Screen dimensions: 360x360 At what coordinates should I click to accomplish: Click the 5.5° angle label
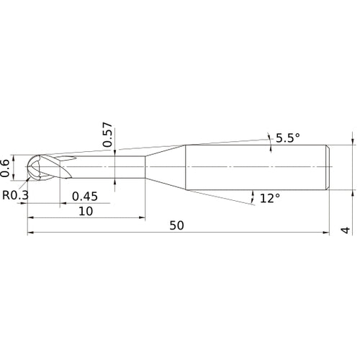(288, 138)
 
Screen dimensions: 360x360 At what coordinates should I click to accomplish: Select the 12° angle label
(270, 198)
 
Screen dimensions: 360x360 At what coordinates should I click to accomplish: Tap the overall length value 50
(176, 225)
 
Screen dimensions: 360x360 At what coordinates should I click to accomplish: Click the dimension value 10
(86, 211)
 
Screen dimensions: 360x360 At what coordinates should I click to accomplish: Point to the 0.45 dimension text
(85, 197)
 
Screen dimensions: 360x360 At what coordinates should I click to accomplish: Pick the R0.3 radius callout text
(15, 195)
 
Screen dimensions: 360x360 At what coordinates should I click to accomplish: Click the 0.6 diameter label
(5, 168)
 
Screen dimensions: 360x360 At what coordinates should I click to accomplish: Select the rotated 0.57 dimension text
(107, 135)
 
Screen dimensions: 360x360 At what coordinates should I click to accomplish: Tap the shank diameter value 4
(346, 230)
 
